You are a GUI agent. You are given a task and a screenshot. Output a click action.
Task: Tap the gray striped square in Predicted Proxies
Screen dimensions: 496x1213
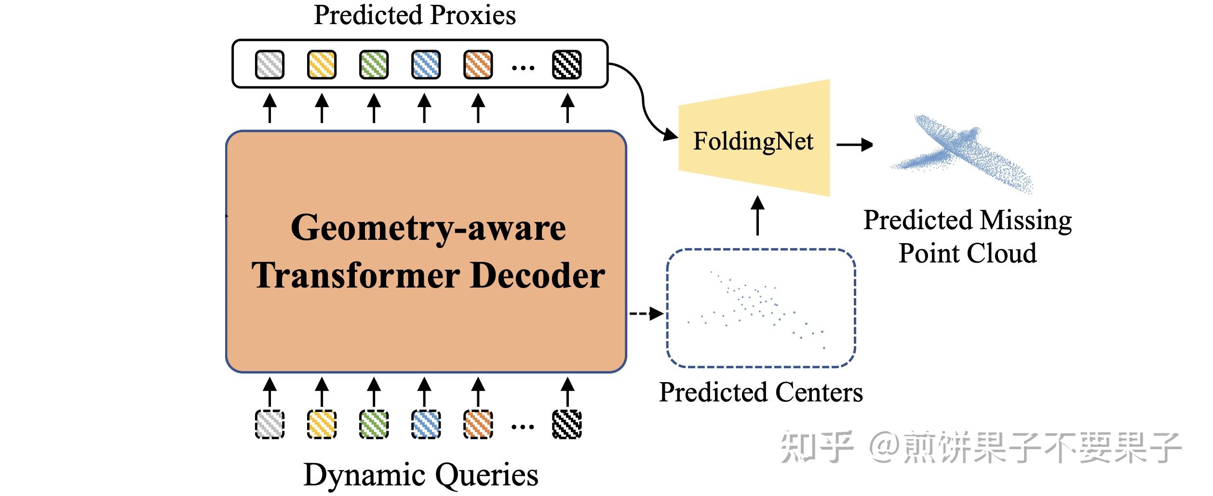[270, 65]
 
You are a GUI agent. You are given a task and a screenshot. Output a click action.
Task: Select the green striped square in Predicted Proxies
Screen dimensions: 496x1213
[374, 65]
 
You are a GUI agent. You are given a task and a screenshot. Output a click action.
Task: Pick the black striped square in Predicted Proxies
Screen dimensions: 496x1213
[566, 65]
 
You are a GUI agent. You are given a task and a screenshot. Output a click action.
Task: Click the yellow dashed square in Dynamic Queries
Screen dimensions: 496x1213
[322, 424]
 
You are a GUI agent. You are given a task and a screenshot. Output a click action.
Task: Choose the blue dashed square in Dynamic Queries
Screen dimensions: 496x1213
[426, 424]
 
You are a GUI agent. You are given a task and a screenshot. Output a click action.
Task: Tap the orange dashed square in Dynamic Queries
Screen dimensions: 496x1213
[478, 424]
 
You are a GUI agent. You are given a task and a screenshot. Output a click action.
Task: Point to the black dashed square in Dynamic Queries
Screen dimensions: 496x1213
[566, 424]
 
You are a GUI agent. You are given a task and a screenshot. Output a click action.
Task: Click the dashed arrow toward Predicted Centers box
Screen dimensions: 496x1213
[646, 314]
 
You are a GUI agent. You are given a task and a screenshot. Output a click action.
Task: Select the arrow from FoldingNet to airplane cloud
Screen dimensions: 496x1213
[854, 144]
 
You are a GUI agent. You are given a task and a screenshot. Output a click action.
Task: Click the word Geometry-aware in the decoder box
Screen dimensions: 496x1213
[428, 228]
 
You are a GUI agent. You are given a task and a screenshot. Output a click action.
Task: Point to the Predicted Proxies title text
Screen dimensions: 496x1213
[415, 15]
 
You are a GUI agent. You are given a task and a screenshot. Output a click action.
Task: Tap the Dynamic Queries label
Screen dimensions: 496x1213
[421, 475]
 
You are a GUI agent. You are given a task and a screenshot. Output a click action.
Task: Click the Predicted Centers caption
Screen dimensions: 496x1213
[761, 392]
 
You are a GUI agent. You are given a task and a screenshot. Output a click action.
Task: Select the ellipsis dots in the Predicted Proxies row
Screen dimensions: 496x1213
[523, 68]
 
